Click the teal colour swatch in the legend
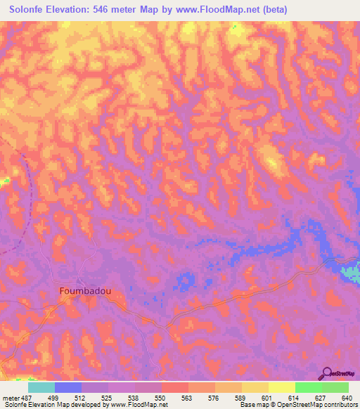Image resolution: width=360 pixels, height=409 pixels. tap(41, 387)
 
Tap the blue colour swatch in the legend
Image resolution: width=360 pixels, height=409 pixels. tap(67, 387)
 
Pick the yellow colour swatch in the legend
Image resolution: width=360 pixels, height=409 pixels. tap(281, 387)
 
